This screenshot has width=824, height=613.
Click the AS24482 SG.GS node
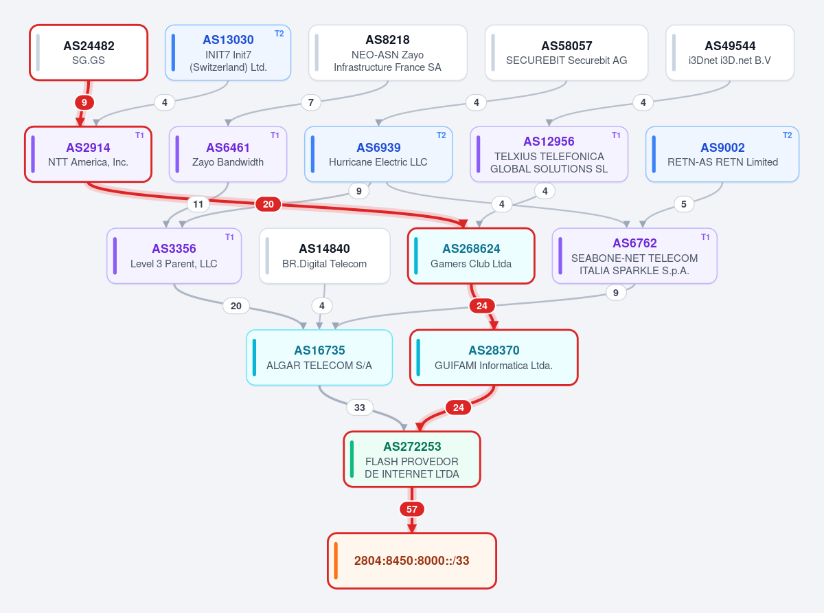pyautogui.click(x=89, y=52)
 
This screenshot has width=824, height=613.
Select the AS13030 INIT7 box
pyautogui.click(x=228, y=52)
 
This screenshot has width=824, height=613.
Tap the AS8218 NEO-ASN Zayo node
pyautogui.click(x=387, y=52)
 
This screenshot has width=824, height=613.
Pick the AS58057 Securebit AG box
pyautogui.click(x=566, y=52)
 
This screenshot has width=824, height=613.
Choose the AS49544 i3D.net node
pyautogui.click(x=730, y=52)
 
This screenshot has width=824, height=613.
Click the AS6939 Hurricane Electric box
pyautogui.click(x=378, y=155)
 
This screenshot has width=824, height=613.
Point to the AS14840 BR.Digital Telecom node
pyautogui.click(x=325, y=256)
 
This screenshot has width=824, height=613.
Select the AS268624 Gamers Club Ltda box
pyautogui.click(x=471, y=256)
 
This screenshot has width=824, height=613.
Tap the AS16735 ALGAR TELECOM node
pyautogui.click(x=319, y=357)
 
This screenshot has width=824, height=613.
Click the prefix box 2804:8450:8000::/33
pyautogui.click(x=412, y=561)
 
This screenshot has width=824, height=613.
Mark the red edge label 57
pyautogui.click(x=412, y=509)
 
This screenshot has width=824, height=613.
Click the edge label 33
pyautogui.click(x=360, y=408)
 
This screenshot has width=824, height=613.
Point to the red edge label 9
pyautogui.click(x=84, y=102)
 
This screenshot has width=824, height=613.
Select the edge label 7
pyautogui.click(x=311, y=102)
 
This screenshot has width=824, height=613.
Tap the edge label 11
pyautogui.click(x=198, y=204)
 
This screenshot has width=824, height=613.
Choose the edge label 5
pyautogui.click(x=683, y=204)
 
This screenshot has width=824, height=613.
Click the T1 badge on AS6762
pyautogui.click(x=705, y=237)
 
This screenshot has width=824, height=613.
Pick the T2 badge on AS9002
pyautogui.click(x=787, y=135)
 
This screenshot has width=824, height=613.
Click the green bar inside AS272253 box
pyautogui.click(x=352, y=459)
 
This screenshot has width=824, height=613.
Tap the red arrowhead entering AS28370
pyautogui.click(x=494, y=325)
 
